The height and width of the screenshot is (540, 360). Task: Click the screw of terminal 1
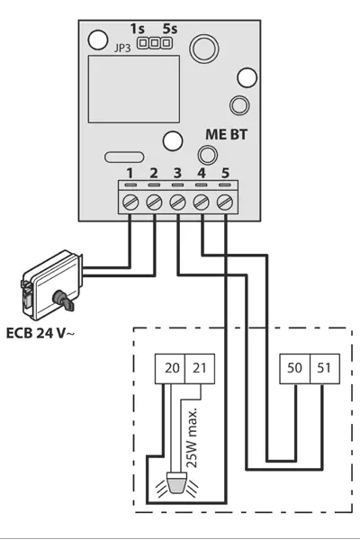pos(130,202)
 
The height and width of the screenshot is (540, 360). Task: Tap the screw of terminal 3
pos(177,202)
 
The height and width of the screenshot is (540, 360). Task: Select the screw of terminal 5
pos(225,202)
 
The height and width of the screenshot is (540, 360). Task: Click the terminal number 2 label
pos(154,173)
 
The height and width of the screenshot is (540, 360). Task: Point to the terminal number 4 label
pos(202,173)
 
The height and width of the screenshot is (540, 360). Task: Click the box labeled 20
pos(170,368)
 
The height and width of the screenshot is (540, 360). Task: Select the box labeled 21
pos(200,368)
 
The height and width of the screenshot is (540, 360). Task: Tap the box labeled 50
pos(295,368)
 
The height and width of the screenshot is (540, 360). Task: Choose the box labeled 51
pos(325,368)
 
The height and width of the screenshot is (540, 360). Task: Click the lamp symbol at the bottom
pos(176,485)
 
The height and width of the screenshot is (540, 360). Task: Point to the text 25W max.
pos(193,437)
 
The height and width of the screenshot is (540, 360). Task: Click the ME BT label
pos(226,134)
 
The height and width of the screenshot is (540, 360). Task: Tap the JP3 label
pos(122,49)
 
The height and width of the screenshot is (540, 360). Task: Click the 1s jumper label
pos(138,29)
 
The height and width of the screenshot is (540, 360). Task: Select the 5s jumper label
pos(170,29)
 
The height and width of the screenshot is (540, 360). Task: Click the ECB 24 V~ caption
pos(40,333)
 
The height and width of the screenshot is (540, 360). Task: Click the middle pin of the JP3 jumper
pos(155,43)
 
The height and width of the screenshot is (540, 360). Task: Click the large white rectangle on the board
pos(134,89)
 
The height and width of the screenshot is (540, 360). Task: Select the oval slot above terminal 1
pos(124,157)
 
